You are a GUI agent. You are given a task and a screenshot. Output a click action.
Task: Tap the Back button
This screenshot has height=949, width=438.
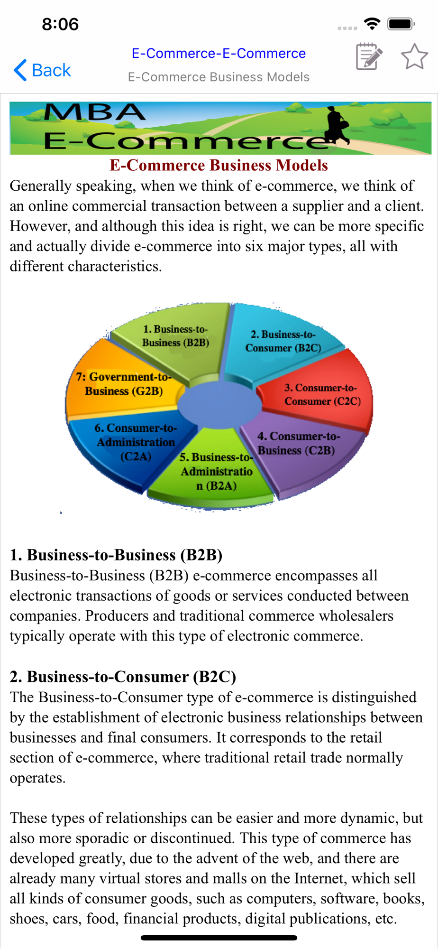point(42,70)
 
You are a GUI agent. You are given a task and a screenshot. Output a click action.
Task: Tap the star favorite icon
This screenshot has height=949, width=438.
point(414,57)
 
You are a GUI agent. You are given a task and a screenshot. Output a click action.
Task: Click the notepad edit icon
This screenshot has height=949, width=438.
point(369,57)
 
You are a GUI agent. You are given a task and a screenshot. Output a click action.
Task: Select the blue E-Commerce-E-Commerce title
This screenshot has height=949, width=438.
point(219,53)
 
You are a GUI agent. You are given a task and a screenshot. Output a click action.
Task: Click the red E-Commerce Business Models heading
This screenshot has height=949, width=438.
point(219,165)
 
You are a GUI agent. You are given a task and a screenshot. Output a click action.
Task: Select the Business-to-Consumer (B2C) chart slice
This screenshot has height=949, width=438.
point(283,341)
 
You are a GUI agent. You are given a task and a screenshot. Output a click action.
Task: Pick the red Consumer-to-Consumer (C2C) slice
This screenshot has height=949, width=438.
point(322,395)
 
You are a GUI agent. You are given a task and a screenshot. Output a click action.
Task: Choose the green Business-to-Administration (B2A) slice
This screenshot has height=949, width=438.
point(216,472)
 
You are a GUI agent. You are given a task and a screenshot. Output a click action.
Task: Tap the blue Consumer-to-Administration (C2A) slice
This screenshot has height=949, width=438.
point(136,442)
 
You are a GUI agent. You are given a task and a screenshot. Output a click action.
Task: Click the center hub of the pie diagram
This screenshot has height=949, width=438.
point(219,403)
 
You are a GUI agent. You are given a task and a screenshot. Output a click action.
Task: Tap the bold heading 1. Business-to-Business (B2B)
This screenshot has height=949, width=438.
point(116,555)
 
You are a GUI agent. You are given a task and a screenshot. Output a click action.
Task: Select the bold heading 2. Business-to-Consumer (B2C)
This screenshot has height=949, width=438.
point(123,676)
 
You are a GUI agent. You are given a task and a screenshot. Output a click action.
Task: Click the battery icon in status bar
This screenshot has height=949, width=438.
point(401,24)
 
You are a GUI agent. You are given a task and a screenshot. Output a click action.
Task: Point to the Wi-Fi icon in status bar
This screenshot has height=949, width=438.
point(372,24)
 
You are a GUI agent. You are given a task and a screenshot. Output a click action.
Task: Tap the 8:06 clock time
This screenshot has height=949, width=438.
point(60,24)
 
